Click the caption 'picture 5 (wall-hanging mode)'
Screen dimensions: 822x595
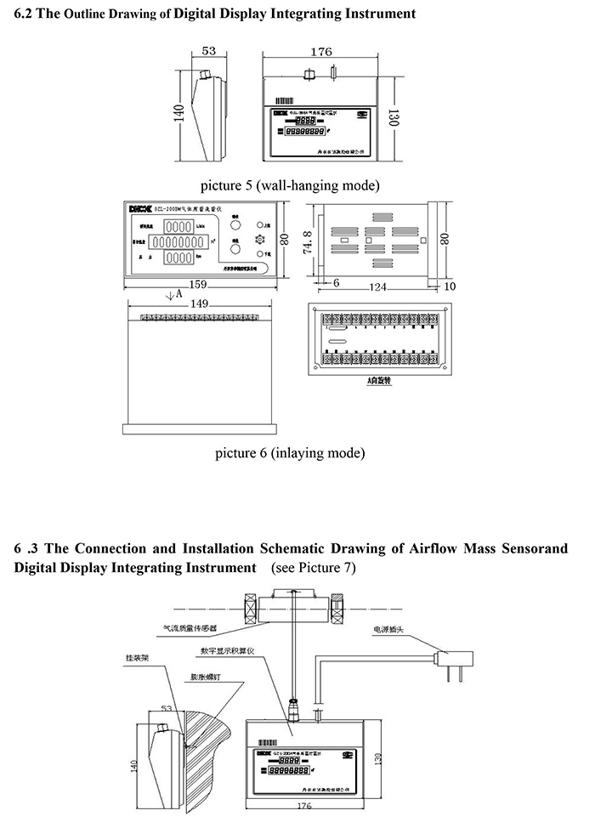click(290, 184)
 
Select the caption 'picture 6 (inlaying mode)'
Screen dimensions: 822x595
click(290, 452)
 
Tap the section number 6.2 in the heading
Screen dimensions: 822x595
click(24, 14)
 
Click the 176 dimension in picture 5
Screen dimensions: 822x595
click(320, 52)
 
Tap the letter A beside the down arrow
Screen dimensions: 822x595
click(178, 293)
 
